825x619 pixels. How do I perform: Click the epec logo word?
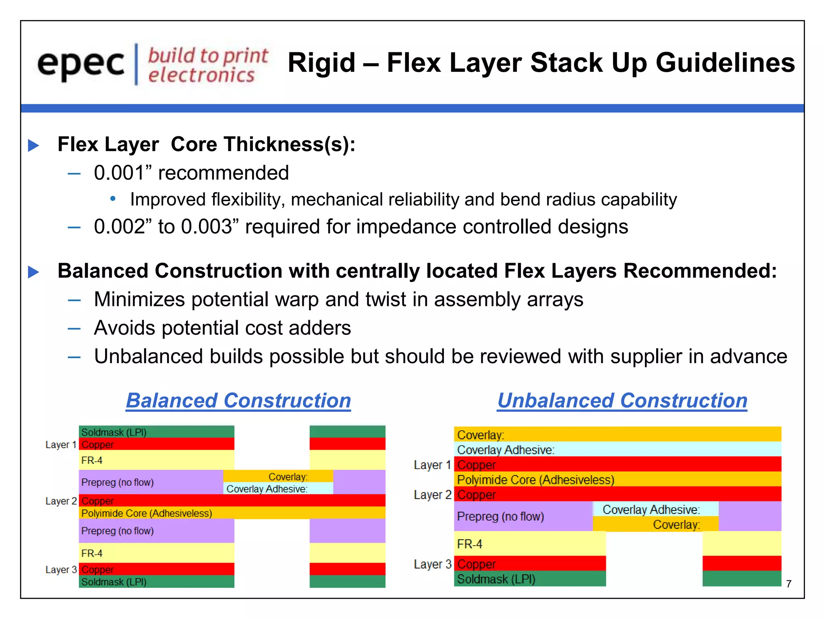[x=81, y=64]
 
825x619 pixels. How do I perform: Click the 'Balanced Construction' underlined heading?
[x=238, y=401]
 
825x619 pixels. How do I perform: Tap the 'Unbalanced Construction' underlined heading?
[x=622, y=401]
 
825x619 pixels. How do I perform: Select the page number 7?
[x=789, y=584]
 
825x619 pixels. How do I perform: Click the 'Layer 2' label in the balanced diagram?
[x=61, y=501]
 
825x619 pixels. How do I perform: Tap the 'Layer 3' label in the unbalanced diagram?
[x=432, y=564]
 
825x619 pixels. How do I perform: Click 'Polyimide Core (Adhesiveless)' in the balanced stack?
[x=147, y=513]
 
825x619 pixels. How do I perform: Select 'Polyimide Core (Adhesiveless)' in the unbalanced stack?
[x=536, y=480]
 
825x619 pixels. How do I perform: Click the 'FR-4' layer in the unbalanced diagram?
[x=470, y=544]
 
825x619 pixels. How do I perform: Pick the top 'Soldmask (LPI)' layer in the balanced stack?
[x=114, y=432]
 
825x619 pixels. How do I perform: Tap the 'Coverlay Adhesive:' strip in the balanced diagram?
[x=267, y=489]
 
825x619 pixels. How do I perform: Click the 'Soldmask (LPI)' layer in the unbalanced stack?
[x=496, y=579]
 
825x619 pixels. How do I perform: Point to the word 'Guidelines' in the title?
[x=725, y=63]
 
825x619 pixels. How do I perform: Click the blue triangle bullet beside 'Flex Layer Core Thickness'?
[x=33, y=145]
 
